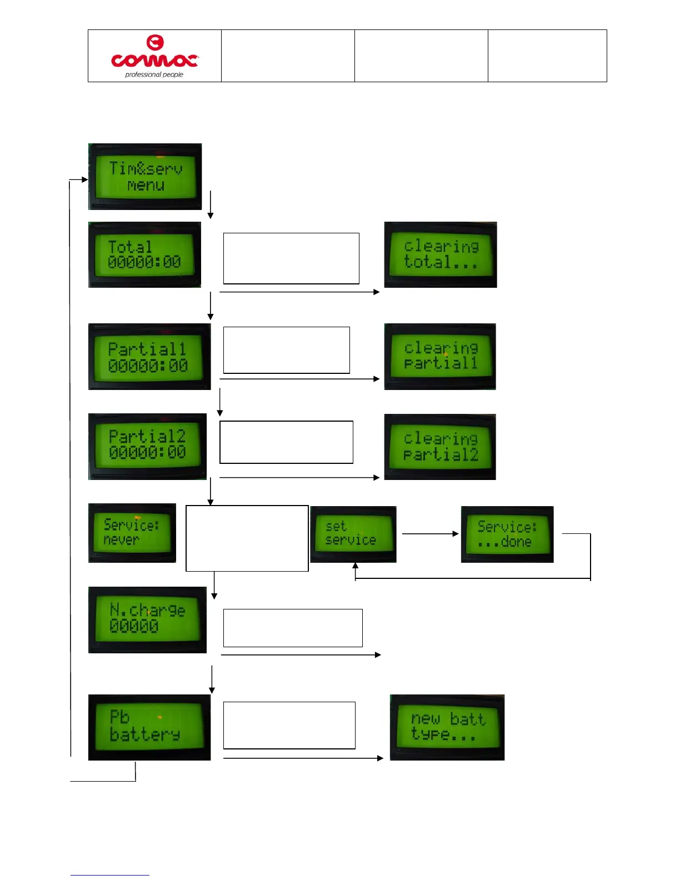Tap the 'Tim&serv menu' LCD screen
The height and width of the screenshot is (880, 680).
[x=145, y=177]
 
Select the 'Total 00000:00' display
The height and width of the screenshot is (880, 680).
[x=144, y=254]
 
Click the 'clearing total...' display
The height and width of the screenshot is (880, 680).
[x=441, y=254]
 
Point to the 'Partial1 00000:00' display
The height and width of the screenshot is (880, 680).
[x=149, y=357]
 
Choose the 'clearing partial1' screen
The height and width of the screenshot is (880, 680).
[x=440, y=357]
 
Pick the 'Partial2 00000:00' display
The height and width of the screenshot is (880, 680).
[x=147, y=446]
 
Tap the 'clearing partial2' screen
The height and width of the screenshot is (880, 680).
[x=440, y=447]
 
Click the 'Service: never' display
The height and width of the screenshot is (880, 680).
[x=132, y=533]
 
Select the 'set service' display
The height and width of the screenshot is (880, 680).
[x=353, y=534]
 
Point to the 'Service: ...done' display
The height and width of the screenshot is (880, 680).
[x=507, y=534]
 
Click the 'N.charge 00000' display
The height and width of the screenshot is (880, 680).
[x=147, y=619]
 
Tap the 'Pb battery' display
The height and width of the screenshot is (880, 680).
[x=149, y=727]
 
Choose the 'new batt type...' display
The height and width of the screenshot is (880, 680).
[x=447, y=727]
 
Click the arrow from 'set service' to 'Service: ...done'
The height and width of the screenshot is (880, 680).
[x=429, y=534]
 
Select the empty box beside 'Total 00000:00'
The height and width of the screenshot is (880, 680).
[x=291, y=258]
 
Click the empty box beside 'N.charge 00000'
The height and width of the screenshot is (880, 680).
[x=293, y=628]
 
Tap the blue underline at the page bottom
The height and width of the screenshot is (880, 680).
[x=109, y=876]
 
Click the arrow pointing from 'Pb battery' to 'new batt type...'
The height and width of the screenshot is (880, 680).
[x=303, y=758]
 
